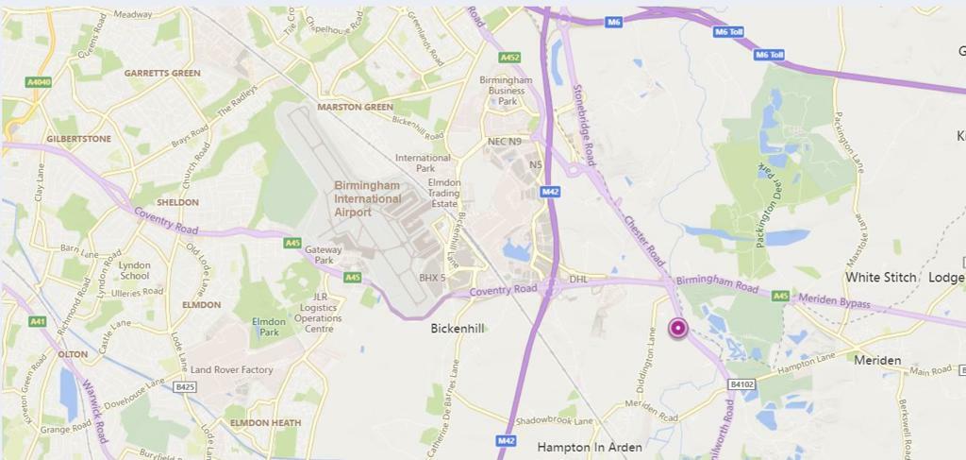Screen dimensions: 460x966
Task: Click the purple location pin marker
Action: point(678,329)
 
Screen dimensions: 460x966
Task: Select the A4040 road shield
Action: point(38,83)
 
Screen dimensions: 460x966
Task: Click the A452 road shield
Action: point(509,58)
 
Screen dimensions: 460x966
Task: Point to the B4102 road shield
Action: point(742,384)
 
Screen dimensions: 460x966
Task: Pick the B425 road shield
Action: point(186,386)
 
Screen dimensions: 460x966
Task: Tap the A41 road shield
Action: point(38,322)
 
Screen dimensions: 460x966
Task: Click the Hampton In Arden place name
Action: point(590,447)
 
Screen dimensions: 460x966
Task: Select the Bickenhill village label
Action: point(458,330)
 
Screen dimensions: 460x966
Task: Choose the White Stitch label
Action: point(880,278)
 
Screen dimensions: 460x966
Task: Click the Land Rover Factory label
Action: point(231,370)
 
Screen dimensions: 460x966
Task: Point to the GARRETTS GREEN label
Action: point(162,73)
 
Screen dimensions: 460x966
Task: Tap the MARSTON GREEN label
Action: point(355,107)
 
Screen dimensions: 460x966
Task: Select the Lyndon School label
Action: point(134,271)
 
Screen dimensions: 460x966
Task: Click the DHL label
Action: point(578,280)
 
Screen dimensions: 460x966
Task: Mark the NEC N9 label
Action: point(504,142)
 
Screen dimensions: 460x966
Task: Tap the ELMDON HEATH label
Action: point(266,423)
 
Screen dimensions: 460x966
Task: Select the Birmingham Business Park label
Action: point(508,91)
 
